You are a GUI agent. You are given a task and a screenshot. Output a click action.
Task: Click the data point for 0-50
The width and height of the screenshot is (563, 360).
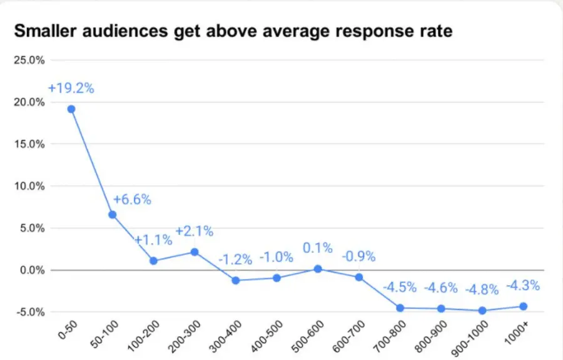pos(71,109)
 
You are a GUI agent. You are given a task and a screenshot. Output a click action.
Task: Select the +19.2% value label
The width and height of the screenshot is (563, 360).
pos(71,88)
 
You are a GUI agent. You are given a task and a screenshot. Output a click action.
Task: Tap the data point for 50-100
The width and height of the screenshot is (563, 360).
pos(113,215)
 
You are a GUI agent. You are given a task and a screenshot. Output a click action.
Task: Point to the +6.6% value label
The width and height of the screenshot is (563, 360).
pos(132,200)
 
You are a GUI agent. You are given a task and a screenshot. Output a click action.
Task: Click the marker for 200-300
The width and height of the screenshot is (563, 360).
pos(195,252)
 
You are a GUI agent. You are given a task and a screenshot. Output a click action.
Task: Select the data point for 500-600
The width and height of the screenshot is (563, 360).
pos(318,269)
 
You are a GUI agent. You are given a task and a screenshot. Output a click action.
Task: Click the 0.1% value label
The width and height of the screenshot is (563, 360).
pos(318,249)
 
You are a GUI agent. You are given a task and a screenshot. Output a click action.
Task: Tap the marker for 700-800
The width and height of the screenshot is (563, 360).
pos(400,308)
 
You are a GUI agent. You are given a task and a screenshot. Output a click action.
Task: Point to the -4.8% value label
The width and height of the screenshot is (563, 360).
pos(482,289)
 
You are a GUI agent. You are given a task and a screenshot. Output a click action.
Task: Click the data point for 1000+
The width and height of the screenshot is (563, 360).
pos(523,306)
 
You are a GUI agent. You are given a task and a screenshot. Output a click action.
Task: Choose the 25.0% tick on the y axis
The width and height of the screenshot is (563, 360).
pos(29,60)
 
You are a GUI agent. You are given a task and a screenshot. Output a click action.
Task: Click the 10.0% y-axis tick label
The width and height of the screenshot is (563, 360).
pos(29,186)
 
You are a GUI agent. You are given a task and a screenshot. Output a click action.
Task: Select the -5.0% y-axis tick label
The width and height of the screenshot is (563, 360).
pos(31,312)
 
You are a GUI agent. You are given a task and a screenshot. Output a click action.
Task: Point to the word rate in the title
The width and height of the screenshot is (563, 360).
pos(434,31)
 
